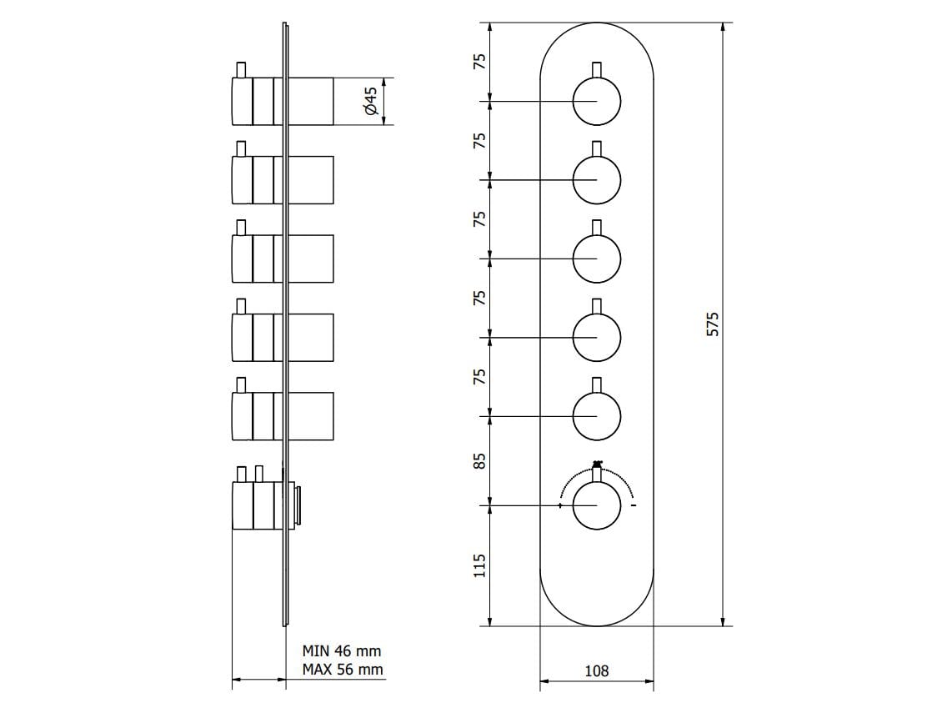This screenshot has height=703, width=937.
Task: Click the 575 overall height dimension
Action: (712, 324)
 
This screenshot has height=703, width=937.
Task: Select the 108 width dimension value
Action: (597, 670)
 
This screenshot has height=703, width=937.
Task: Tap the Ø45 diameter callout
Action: (371, 102)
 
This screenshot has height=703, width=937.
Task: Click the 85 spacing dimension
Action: (479, 462)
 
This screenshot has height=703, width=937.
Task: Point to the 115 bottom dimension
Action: (479, 565)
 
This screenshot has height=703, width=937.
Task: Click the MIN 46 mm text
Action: (342, 650)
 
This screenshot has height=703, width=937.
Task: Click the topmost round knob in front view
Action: (597, 102)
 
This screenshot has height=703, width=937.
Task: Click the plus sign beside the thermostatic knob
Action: (559, 506)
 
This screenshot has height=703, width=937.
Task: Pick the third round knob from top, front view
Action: (597, 259)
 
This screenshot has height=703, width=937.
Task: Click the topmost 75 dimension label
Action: (479, 63)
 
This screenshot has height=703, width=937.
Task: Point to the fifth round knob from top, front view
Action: (597, 416)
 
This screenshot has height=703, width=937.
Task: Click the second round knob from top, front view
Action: (597, 180)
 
